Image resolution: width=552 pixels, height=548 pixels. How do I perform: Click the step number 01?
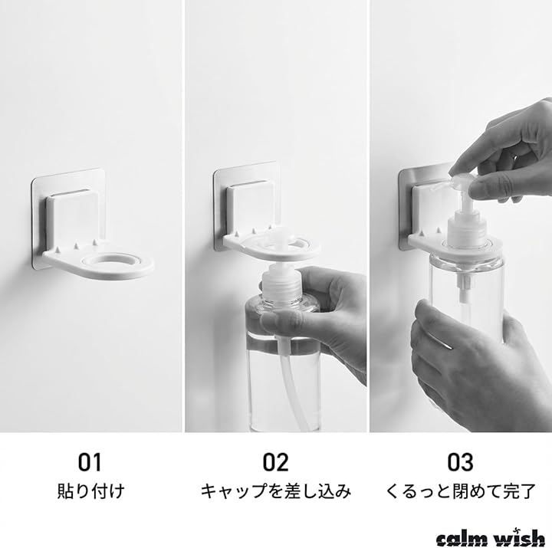pos(90,461)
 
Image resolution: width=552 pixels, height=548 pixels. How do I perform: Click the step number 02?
pos(275,461)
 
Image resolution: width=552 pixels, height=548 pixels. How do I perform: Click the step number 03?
pos(461,461)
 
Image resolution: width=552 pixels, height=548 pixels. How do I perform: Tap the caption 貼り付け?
pos(90,491)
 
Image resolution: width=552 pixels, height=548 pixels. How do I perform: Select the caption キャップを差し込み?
pos(276,491)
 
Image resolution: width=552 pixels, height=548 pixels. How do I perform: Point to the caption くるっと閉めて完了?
pos(461,491)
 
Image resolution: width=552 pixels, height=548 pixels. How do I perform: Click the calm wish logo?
pos(490,538)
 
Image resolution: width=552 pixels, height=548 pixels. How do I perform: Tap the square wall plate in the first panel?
pos(69,218)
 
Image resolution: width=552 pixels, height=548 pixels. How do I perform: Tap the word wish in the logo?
pos(521,538)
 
